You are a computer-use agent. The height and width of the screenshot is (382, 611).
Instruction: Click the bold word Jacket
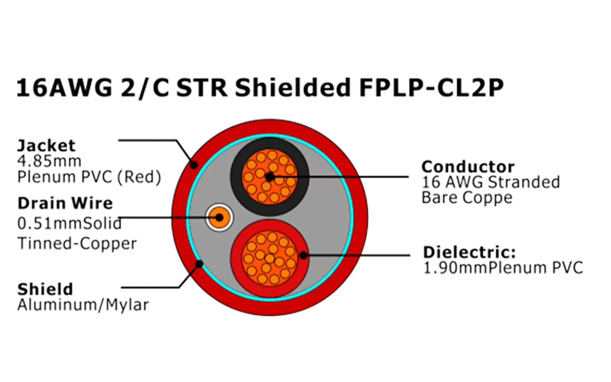coord(46,145)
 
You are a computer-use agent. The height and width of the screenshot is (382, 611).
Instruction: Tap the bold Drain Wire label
coord(65,203)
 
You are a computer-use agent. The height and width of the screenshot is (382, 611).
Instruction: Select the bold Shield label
coord(45,289)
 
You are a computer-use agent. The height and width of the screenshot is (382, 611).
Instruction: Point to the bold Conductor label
coord(468,167)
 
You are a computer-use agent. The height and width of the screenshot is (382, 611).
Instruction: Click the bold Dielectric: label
coord(470,252)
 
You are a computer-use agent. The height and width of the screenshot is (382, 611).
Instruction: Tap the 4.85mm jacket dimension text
coord(49,161)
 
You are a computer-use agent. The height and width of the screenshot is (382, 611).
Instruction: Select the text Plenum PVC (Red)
coord(89,177)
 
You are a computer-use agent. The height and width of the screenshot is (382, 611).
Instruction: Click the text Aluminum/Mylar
coord(83,305)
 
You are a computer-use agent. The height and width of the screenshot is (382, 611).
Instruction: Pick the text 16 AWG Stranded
coord(491,182)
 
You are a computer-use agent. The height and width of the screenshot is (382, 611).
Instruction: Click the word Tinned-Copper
coord(77,244)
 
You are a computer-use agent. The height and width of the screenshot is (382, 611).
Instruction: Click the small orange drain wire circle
coord(219,218)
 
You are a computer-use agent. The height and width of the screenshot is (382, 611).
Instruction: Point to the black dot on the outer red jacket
coord(193,165)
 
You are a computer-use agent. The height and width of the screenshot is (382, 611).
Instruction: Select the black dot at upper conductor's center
coord(269,177)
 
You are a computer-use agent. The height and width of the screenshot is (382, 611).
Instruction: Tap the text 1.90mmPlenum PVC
coord(503,267)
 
